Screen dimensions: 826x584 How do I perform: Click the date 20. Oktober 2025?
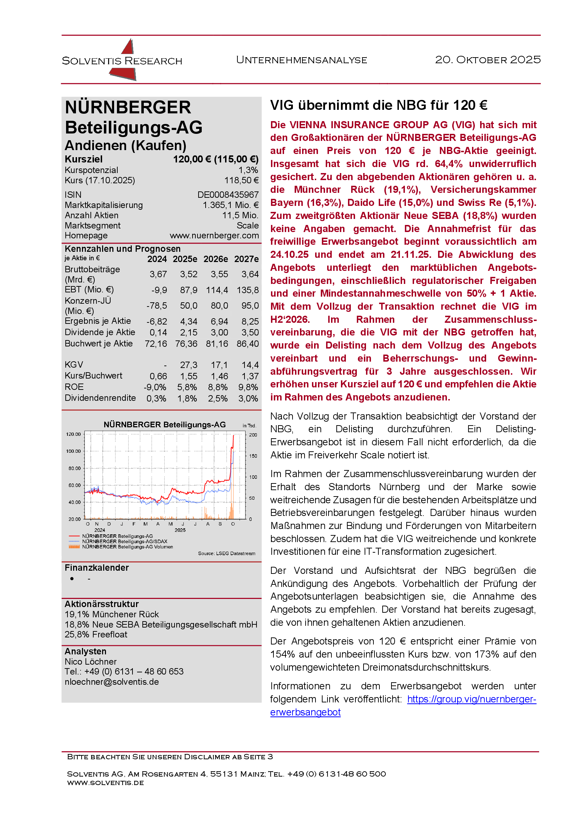[x=488, y=60]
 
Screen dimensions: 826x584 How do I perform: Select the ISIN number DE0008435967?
[x=228, y=195]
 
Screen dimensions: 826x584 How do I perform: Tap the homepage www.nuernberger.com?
[x=214, y=236]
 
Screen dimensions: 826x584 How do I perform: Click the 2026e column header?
[x=216, y=259]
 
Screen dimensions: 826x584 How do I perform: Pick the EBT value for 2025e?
[x=189, y=290]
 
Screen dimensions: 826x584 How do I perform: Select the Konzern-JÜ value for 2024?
[x=157, y=306]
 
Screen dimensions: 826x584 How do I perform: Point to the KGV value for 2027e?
[x=250, y=365]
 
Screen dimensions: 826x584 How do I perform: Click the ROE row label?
[x=74, y=387]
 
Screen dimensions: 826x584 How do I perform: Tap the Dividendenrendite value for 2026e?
[x=218, y=399]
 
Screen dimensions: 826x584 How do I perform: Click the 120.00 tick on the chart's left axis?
[x=73, y=434]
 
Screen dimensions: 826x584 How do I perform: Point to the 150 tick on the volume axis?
[x=253, y=456]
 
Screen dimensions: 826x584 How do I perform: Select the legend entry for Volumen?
[x=127, y=547]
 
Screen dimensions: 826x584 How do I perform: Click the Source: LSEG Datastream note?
[x=226, y=553]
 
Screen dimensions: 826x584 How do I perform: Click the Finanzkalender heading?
[x=97, y=568]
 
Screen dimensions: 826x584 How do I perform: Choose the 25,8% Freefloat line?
[x=96, y=635]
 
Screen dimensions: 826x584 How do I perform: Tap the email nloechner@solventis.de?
[x=112, y=682]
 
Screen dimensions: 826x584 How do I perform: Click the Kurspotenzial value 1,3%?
[x=248, y=170]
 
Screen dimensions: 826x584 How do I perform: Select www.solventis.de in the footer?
[x=105, y=783]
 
